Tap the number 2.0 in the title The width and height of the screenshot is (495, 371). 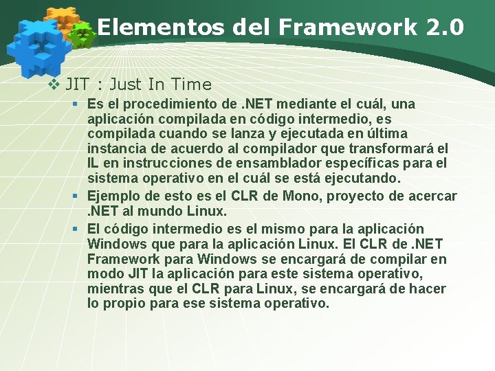pos(445,27)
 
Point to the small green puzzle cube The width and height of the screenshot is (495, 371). pos(83,35)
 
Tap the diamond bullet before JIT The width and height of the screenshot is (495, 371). pos(55,85)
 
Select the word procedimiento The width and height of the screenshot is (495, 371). pos(174,104)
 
